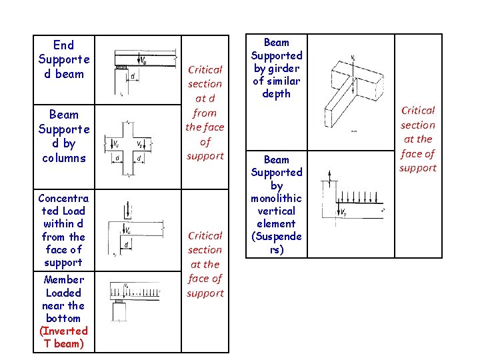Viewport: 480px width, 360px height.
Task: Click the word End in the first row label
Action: (x=63, y=45)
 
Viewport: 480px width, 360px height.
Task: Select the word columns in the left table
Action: (x=63, y=158)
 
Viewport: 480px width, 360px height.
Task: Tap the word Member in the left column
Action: (x=63, y=280)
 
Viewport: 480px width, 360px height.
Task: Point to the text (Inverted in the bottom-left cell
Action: (x=63, y=331)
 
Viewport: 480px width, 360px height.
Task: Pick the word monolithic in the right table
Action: (x=277, y=198)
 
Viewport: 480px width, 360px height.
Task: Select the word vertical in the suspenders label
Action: (x=277, y=211)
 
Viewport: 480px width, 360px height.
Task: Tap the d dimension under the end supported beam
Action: (x=133, y=77)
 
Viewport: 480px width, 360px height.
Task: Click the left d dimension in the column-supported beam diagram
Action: (x=117, y=158)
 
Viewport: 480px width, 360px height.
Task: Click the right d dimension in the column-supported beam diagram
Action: (x=139, y=158)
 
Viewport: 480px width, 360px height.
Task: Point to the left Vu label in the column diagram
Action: (x=116, y=143)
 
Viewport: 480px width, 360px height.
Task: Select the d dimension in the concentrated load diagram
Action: (x=126, y=245)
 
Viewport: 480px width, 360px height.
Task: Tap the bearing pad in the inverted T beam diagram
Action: (x=121, y=301)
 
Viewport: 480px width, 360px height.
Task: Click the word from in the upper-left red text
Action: (x=205, y=113)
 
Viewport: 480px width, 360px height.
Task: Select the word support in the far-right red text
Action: (x=418, y=167)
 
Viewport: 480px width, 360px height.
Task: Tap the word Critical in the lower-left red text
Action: (x=205, y=235)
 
